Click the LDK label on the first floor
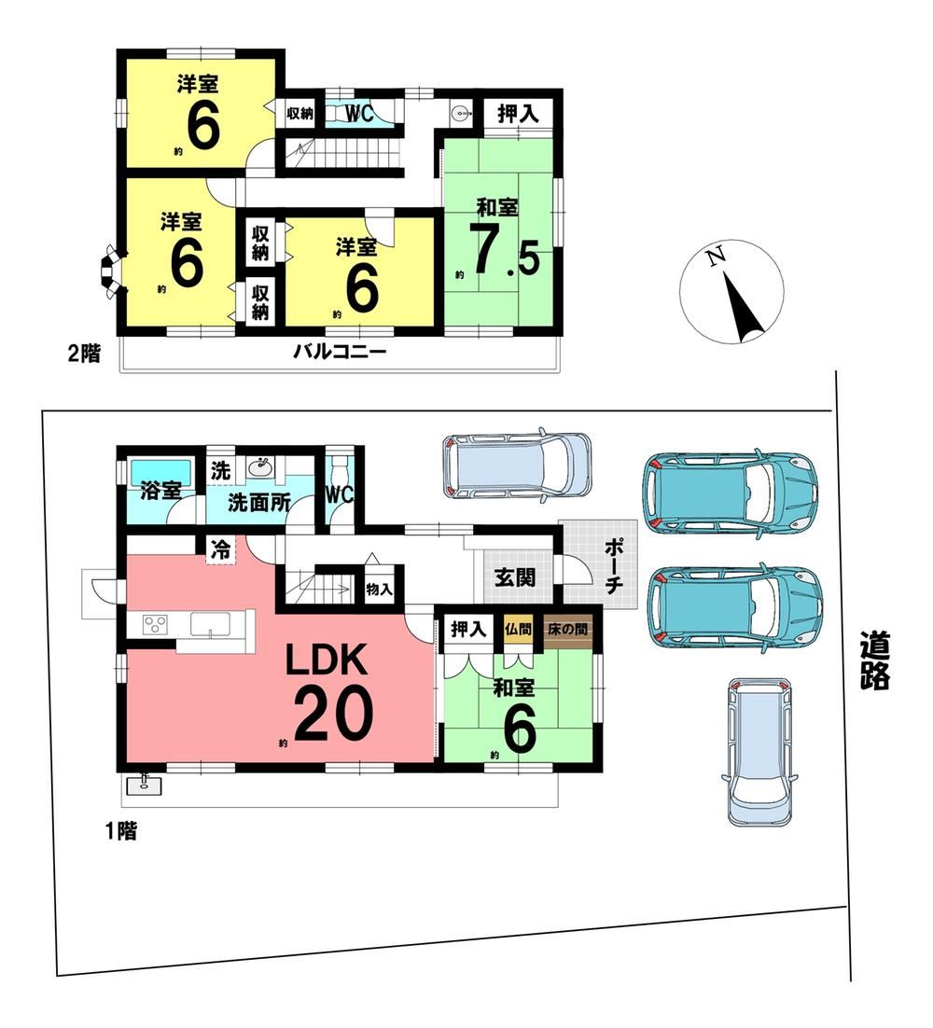326,661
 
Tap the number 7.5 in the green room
504,251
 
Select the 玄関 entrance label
515,577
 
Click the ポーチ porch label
612,566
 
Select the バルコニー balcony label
339,352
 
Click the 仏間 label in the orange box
517,630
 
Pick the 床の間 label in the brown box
567,630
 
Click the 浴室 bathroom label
160,491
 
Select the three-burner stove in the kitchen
157,623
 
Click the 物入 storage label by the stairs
379,590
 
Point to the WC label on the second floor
358,114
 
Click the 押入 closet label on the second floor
517,114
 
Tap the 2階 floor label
85,354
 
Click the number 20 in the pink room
334,714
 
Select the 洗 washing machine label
221,471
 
